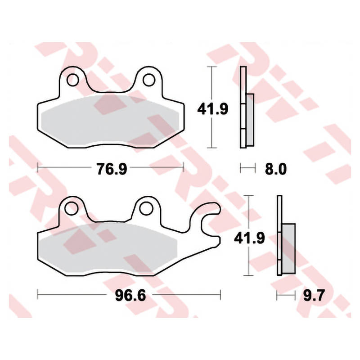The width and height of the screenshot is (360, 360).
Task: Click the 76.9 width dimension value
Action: [x=111, y=169]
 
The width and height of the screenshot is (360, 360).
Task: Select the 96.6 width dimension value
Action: [x=130, y=295]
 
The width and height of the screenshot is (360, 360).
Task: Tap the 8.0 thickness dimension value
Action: [x=276, y=169]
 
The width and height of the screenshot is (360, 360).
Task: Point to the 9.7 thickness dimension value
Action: [x=314, y=295]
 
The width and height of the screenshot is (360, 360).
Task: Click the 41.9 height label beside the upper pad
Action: [x=212, y=109]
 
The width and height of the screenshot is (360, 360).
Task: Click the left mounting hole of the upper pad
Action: [x=73, y=80]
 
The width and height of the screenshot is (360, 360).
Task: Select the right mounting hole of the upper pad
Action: [x=148, y=80]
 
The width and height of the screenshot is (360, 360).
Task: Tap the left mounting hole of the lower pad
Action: [x=71, y=208]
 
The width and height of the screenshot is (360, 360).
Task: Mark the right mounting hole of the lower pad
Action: [x=146, y=208]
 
